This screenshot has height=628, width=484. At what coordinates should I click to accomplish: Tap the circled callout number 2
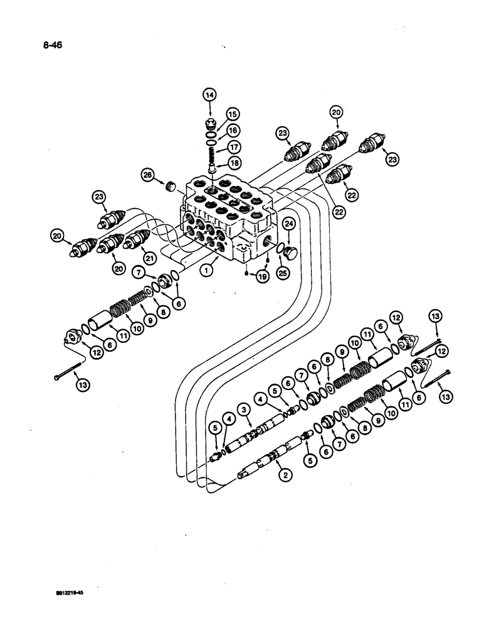click(285, 475)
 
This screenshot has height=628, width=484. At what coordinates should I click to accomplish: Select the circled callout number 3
click(245, 409)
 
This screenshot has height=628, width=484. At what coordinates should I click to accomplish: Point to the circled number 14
click(209, 95)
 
